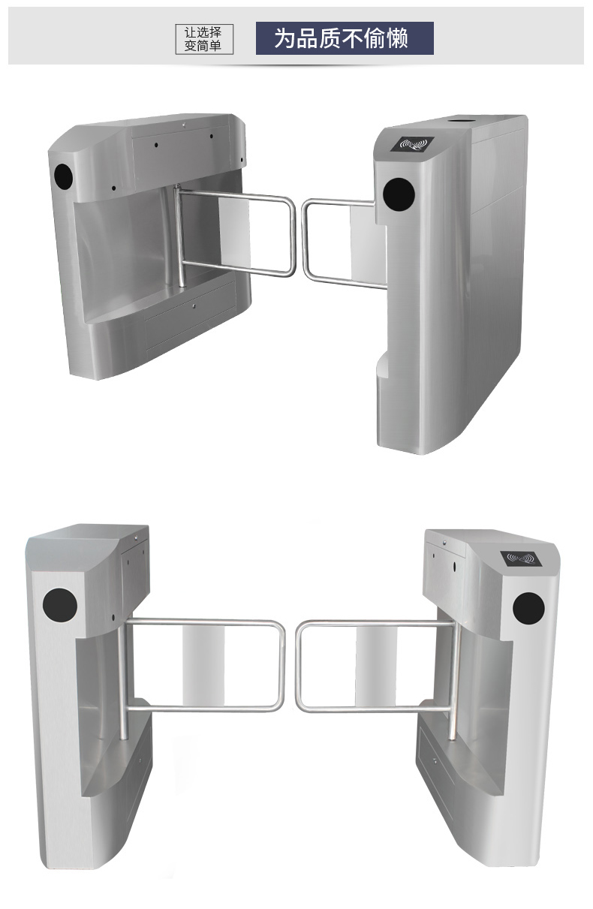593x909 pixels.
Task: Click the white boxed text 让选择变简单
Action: coord(204,39)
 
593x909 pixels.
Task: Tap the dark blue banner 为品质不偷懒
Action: coord(345,38)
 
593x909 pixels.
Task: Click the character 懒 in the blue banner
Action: coord(396,38)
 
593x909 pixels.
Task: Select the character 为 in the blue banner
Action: coord(285,38)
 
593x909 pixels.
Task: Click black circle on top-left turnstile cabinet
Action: coord(63,176)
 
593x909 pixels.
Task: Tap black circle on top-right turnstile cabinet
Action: coord(399,194)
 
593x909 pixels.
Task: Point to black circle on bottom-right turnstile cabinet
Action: coord(528,608)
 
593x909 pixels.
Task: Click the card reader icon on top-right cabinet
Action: coord(413,143)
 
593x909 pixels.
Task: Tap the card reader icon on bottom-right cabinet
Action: coord(521,558)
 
